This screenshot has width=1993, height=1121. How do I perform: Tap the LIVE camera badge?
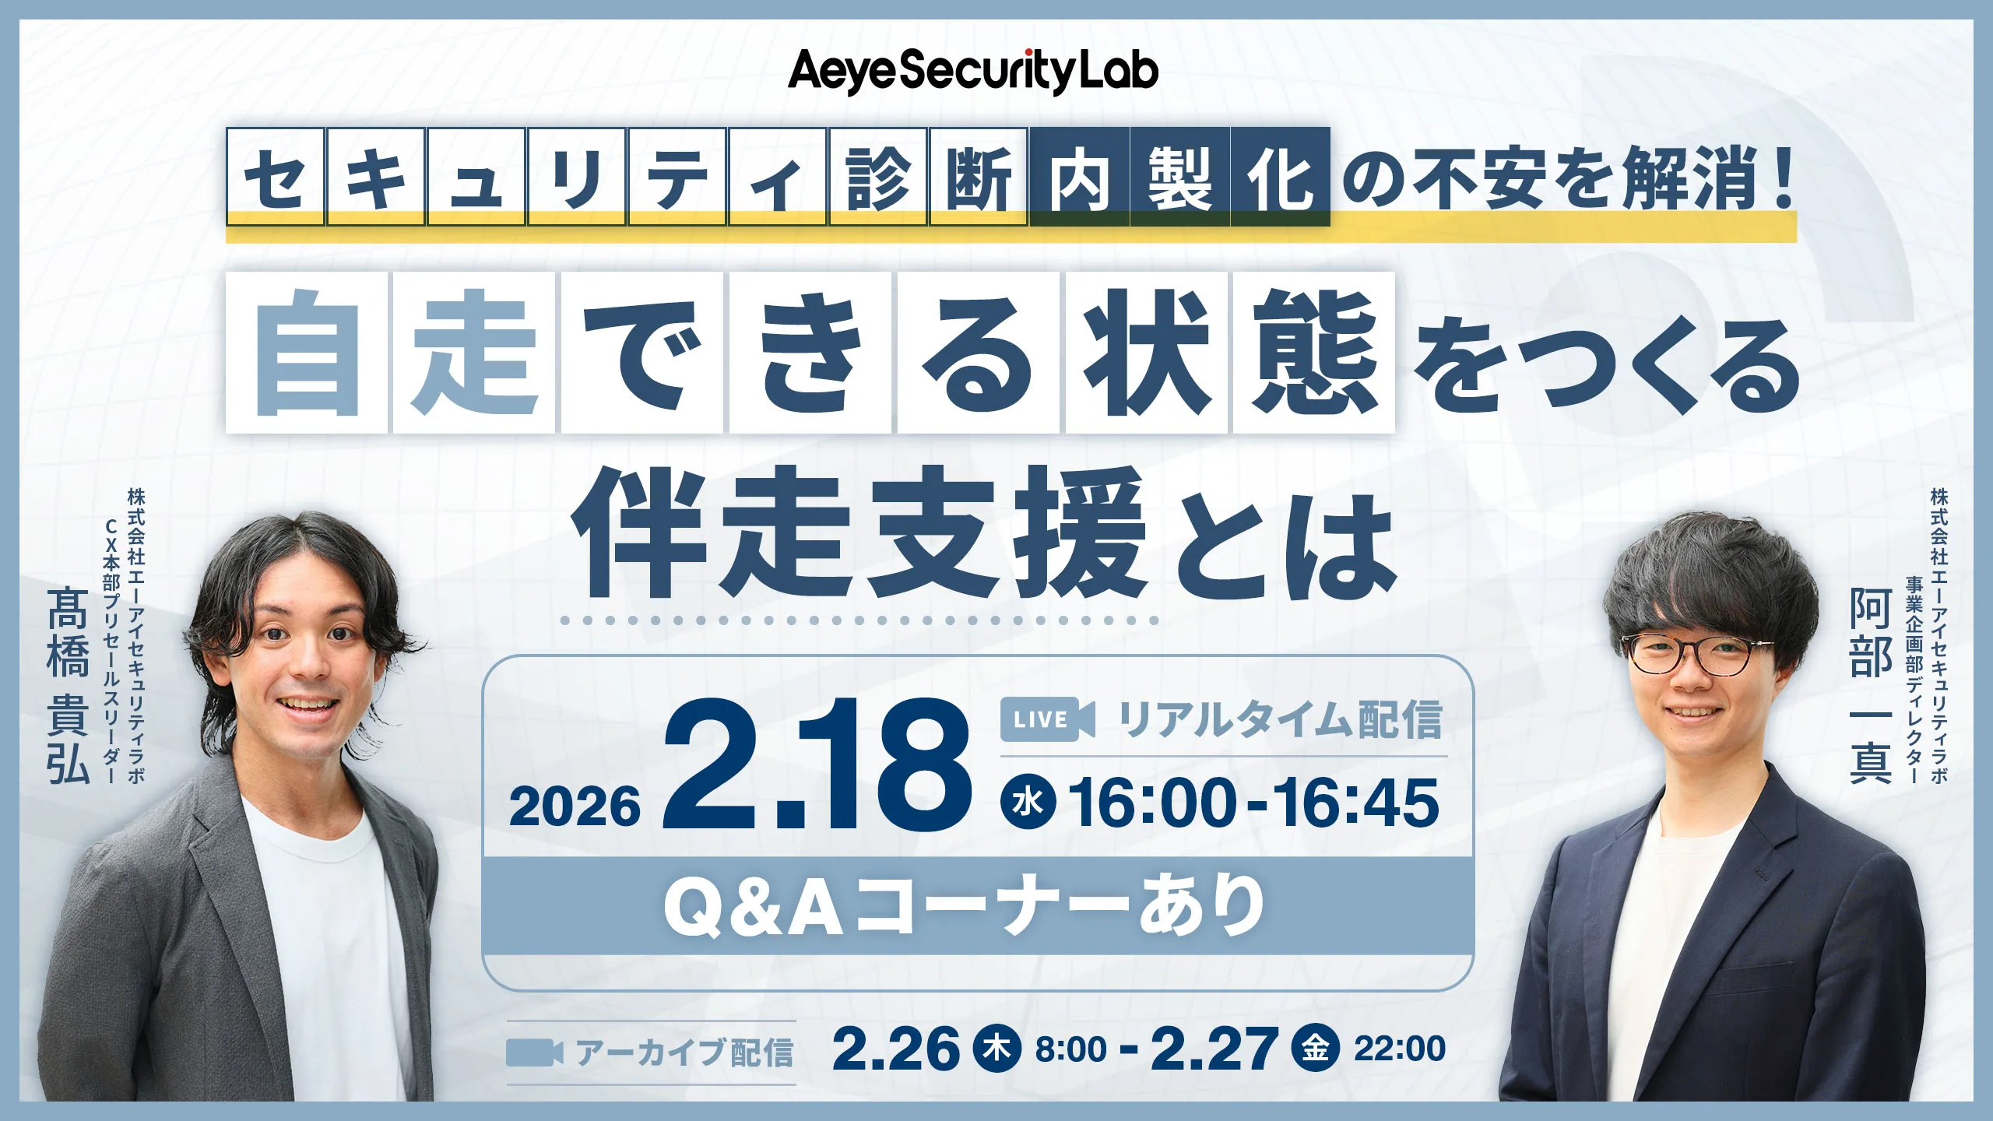[1047, 719]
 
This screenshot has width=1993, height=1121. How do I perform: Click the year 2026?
[575, 806]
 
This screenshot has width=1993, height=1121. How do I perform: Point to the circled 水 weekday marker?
[1028, 803]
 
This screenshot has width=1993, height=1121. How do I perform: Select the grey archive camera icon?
[534, 1052]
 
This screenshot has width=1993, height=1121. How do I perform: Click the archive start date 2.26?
[895, 1049]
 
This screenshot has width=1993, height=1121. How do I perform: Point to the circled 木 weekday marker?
[997, 1049]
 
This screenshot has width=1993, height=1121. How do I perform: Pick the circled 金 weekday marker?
[1316, 1049]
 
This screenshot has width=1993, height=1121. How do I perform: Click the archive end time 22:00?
[1400, 1049]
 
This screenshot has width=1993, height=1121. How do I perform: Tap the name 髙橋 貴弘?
[68, 685]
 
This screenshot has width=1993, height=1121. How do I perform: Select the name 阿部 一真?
[1871, 685]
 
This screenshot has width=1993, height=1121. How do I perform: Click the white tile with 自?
[307, 352]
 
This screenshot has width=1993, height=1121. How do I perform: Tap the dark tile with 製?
[1179, 177]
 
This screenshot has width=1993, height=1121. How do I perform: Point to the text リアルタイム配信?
[1281, 719]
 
